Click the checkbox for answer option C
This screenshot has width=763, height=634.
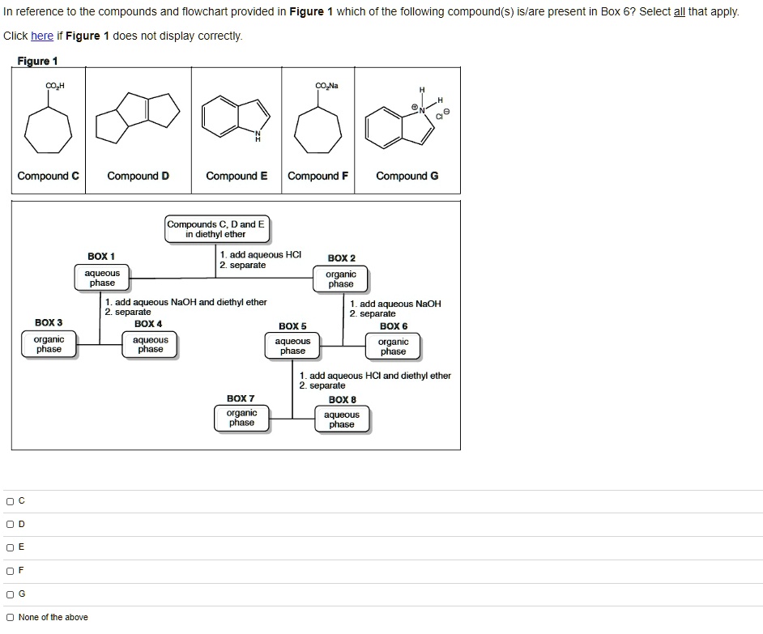click(x=10, y=501)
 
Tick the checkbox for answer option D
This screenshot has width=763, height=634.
click(x=10, y=525)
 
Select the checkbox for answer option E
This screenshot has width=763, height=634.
click(x=10, y=547)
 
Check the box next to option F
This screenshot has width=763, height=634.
click(x=10, y=571)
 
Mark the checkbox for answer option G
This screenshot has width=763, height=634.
click(x=10, y=594)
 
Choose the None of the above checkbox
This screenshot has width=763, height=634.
click(x=10, y=618)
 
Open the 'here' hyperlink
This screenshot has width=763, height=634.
click(x=42, y=36)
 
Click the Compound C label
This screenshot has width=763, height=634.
click(x=49, y=177)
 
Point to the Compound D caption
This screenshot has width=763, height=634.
click(x=139, y=177)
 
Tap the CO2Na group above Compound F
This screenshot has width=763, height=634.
click(x=328, y=85)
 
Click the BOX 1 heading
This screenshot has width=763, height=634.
click(x=101, y=257)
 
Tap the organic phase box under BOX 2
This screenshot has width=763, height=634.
click(x=341, y=279)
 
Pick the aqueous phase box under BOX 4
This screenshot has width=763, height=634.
click(x=151, y=345)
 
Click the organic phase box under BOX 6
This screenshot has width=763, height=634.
click(x=394, y=347)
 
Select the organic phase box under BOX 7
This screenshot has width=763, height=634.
click(x=241, y=418)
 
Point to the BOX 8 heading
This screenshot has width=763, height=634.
click(x=341, y=399)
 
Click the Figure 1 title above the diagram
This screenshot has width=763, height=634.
click(x=38, y=62)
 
